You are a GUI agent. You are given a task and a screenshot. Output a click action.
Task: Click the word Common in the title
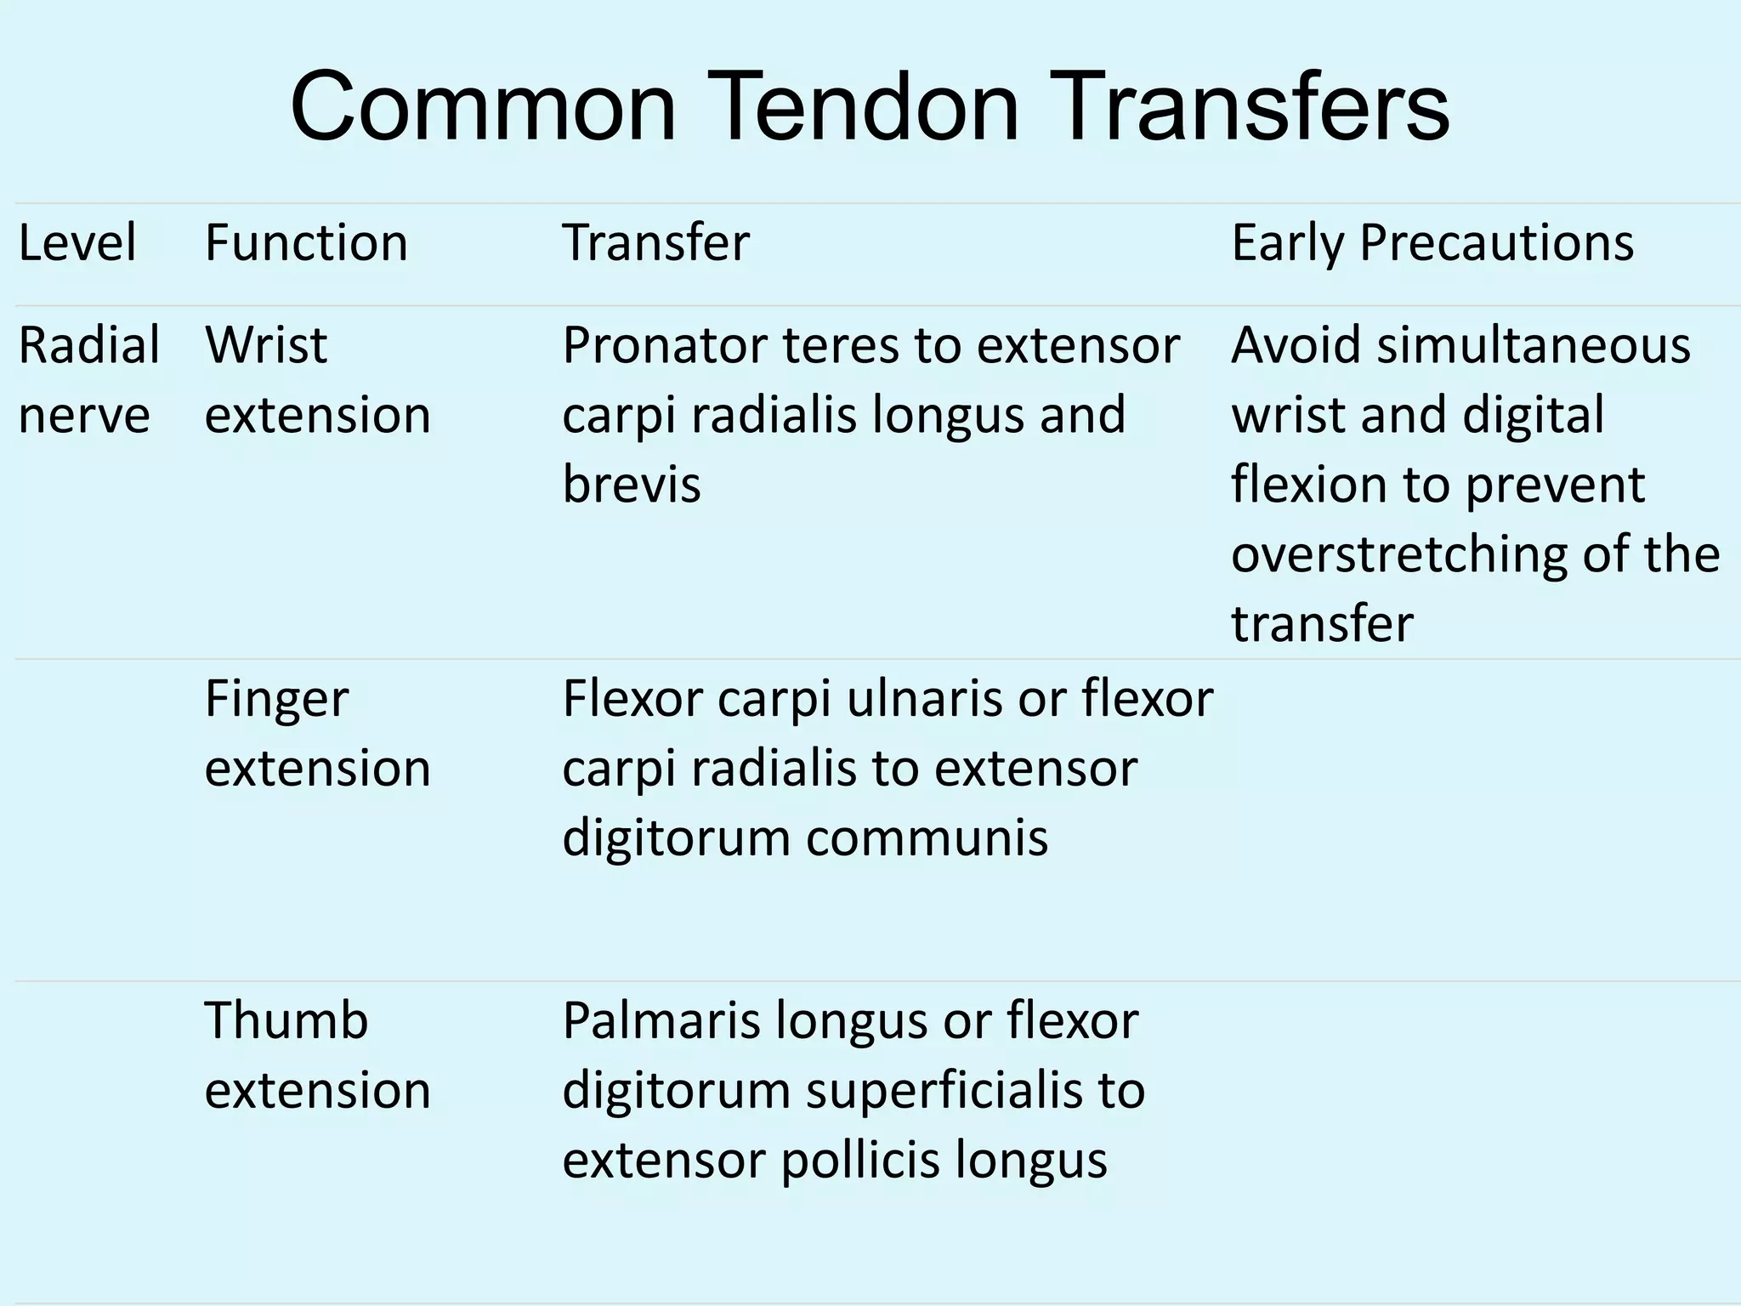coord(482,108)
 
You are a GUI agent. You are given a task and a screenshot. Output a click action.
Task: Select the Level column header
coord(77,243)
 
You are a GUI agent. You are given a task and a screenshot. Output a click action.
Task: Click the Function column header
coord(306,243)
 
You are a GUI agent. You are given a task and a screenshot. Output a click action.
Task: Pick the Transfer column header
coord(655,243)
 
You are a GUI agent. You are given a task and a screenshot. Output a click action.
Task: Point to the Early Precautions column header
coord(1432,243)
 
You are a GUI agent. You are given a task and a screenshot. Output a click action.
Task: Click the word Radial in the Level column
coord(88,345)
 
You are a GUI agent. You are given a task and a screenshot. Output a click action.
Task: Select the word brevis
coord(632,485)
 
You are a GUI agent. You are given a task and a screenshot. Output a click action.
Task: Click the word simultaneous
coord(1534,345)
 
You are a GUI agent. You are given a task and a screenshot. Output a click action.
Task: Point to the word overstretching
coord(1398,554)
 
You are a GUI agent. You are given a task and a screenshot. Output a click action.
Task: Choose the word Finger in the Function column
coord(276,701)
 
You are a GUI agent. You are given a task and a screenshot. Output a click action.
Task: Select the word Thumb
coord(286,1020)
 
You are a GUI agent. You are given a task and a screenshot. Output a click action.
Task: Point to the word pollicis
coord(859,1160)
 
